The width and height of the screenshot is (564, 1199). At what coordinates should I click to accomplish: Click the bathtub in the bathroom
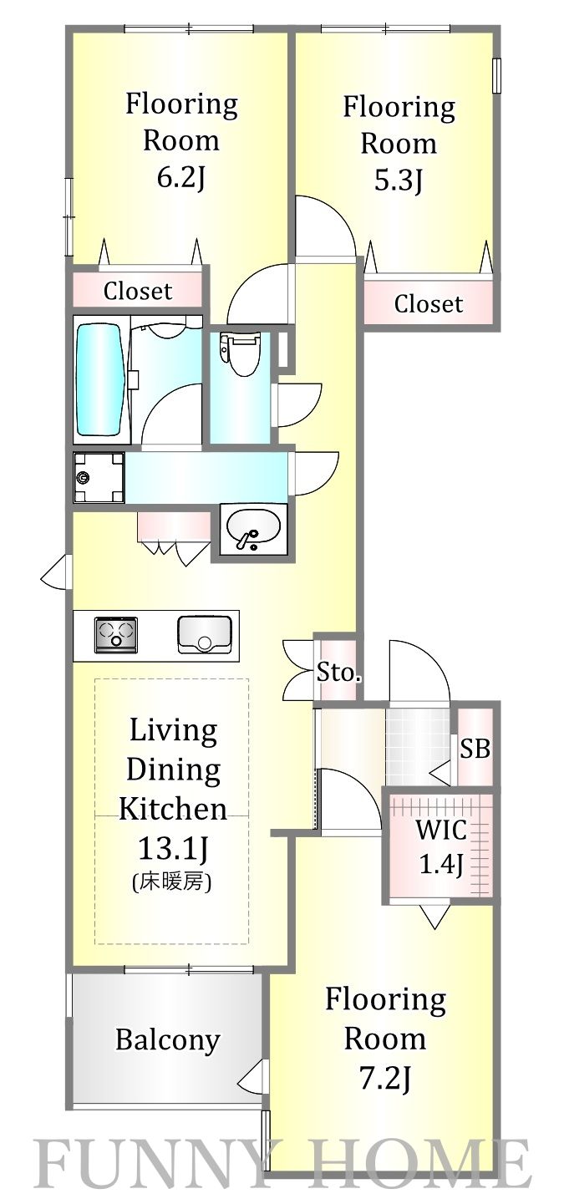(x=101, y=381)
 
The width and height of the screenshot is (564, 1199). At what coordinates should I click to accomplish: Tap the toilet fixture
(x=241, y=353)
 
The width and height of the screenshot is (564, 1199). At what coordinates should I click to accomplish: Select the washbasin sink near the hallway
(x=253, y=530)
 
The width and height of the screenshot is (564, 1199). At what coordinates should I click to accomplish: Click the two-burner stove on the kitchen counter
(x=116, y=634)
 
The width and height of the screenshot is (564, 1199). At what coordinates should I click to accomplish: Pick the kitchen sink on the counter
(x=204, y=634)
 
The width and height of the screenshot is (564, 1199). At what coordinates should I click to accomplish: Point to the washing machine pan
(x=99, y=478)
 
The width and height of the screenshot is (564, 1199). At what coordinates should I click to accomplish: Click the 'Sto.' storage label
(x=338, y=673)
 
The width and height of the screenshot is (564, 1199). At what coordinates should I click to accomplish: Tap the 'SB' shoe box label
(x=475, y=749)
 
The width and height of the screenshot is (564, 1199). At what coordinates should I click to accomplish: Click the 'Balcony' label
(x=168, y=1040)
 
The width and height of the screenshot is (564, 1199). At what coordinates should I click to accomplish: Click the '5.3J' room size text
(x=398, y=181)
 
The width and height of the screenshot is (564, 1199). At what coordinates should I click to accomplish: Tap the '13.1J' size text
(x=173, y=848)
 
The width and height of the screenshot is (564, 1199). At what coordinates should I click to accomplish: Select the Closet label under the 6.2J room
(x=138, y=291)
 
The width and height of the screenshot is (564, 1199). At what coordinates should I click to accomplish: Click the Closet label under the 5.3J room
(x=428, y=304)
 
